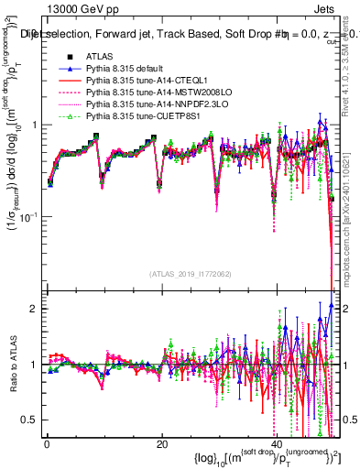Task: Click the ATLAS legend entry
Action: [97, 57]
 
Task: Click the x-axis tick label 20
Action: [162, 444]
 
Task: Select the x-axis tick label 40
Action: [277, 444]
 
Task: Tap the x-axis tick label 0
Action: [47, 444]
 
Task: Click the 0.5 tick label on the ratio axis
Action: [33, 420]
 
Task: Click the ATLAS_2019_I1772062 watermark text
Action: [191, 274]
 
